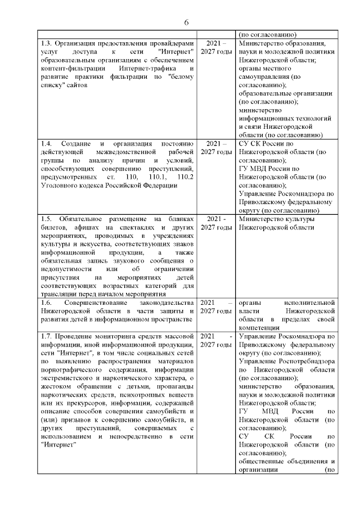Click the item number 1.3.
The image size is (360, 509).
[x=48, y=43]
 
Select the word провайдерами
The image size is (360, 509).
[x=169, y=43]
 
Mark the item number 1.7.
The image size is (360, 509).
[x=48, y=336]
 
